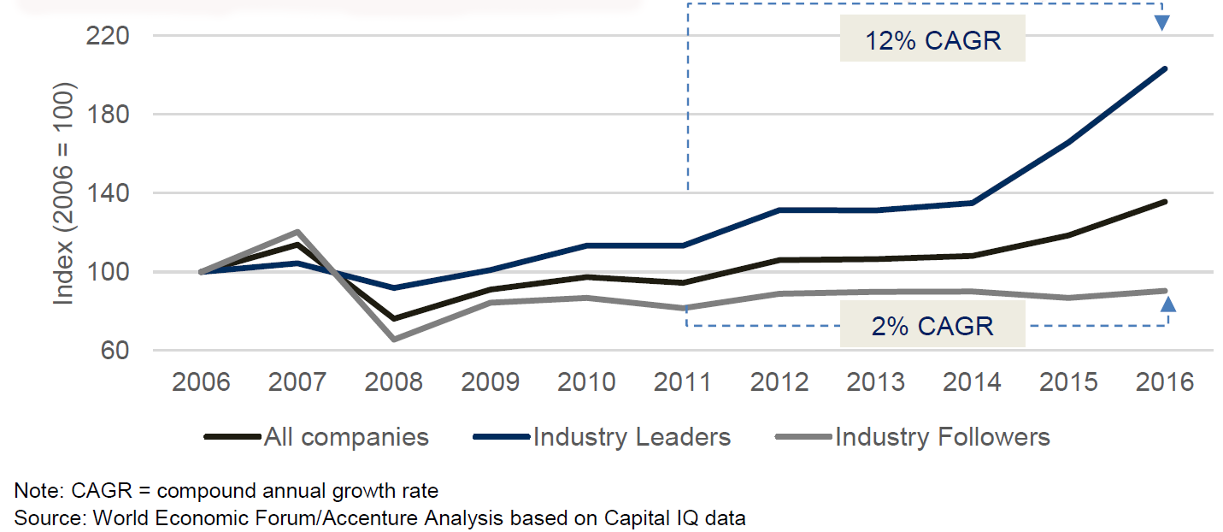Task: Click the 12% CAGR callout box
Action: (932, 40)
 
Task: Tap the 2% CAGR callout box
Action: (932, 325)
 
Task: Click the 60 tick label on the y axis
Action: (116, 351)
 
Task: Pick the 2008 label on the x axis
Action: (393, 381)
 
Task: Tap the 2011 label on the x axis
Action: (682, 381)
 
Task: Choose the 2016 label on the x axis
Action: (1165, 381)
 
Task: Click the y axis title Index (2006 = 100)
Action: (65, 194)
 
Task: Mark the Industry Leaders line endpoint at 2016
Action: (1165, 69)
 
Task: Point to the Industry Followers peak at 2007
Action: (297, 232)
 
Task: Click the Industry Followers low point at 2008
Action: (393, 340)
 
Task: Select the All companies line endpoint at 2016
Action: (1165, 202)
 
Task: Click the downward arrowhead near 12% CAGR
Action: (1162, 22)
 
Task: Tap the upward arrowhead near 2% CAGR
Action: (1167, 302)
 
